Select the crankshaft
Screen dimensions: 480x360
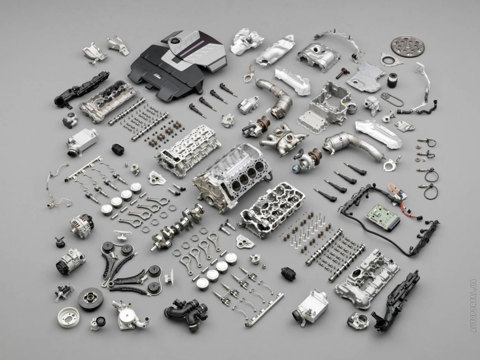click(178, 226)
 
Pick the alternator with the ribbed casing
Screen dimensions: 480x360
click(81, 225)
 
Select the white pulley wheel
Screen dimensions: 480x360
click(68, 317)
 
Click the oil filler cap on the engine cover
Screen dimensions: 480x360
click(175, 41)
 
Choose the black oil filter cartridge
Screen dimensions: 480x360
click(392, 80)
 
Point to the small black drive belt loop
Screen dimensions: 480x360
click(392, 99)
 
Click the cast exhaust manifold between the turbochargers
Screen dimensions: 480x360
click(283, 139)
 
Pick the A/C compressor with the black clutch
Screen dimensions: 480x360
click(70, 262)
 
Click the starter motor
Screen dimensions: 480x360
click(248, 105)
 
